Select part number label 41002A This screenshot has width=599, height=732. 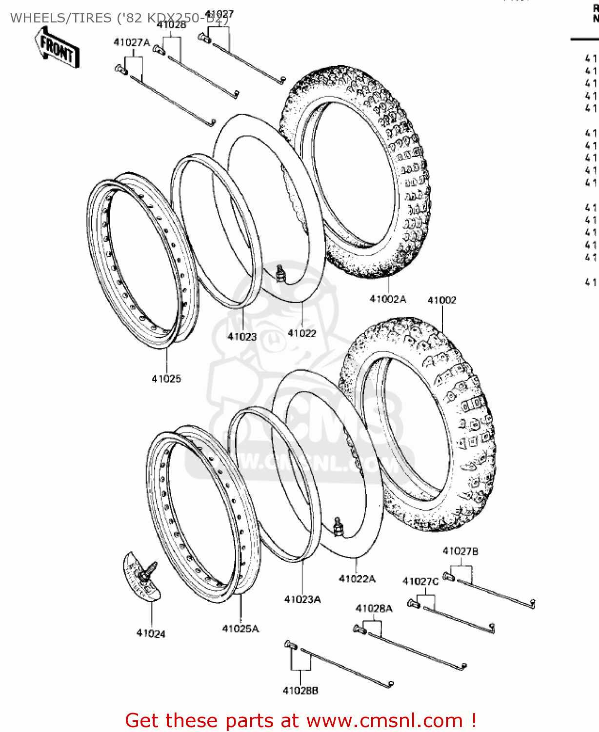[x=388, y=299]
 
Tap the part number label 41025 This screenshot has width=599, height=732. [x=166, y=379]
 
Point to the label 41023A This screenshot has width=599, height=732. [x=302, y=599]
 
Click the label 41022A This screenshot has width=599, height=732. [x=357, y=579]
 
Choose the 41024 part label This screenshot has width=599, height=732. [x=151, y=633]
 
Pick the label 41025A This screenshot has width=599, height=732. [x=240, y=629]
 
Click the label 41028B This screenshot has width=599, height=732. [x=300, y=691]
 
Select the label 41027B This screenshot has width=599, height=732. [x=460, y=551]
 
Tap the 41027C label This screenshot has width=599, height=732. [x=420, y=581]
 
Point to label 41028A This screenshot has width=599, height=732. [x=374, y=609]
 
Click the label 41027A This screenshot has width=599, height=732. [x=132, y=42]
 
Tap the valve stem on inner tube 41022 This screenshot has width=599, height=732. [x=280, y=273]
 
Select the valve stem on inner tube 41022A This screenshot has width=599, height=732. [x=337, y=526]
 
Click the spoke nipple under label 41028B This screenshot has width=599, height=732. [x=290, y=645]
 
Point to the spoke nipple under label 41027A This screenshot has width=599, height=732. [x=121, y=70]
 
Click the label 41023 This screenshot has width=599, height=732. [x=242, y=336]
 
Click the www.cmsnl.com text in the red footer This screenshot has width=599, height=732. [x=384, y=720]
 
